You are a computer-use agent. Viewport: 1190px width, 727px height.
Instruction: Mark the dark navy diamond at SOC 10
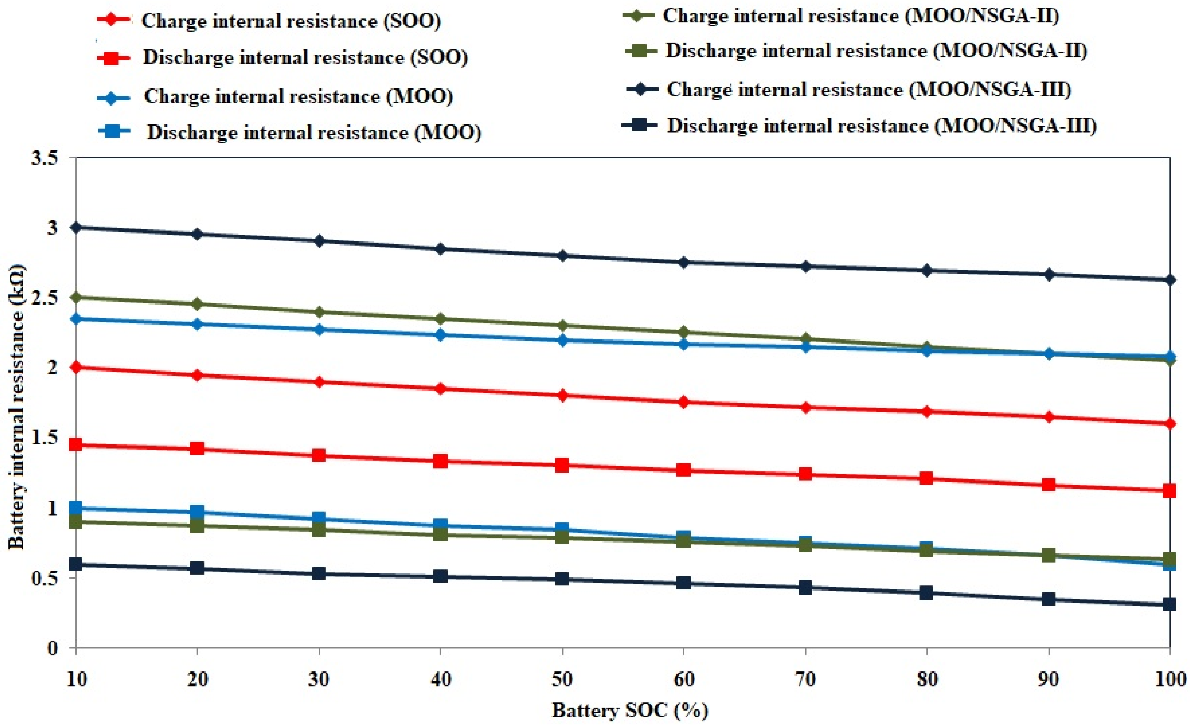(76, 227)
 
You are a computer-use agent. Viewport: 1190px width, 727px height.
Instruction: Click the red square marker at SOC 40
(440, 461)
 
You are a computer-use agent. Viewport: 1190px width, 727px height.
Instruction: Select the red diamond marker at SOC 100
(1169, 424)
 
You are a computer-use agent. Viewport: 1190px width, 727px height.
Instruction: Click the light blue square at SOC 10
(76, 508)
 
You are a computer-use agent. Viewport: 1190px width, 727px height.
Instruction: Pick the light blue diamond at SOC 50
(562, 340)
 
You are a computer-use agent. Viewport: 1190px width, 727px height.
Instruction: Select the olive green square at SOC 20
(197, 525)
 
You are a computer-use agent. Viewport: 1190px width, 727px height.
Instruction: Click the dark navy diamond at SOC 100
(1169, 279)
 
